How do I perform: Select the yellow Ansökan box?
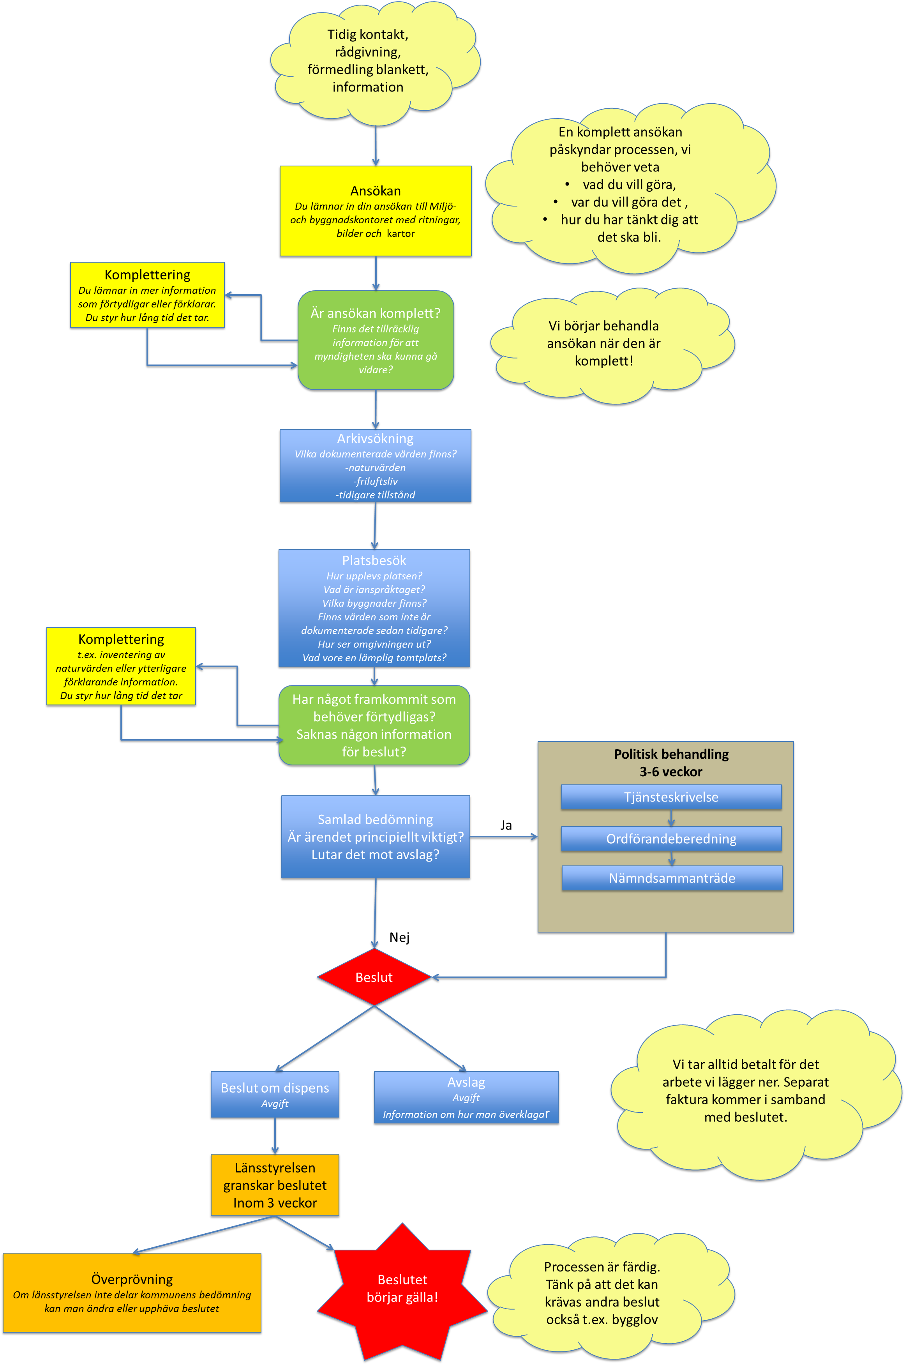point(375,211)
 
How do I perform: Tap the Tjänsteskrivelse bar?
point(671,797)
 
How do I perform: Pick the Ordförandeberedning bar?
point(671,839)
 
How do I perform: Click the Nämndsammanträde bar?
point(672,878)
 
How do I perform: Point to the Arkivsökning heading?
point(375,439)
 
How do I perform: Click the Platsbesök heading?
point(374,560)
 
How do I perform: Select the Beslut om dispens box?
point(275,1094)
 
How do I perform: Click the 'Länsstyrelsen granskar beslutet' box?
point(275,1185)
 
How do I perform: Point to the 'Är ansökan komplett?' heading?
point(375,313)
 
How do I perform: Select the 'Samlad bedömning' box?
point(375,837)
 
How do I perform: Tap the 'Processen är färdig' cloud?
point(602,1293)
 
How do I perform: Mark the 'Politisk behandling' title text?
point(671,754)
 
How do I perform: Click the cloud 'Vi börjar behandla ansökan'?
point(603,343)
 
